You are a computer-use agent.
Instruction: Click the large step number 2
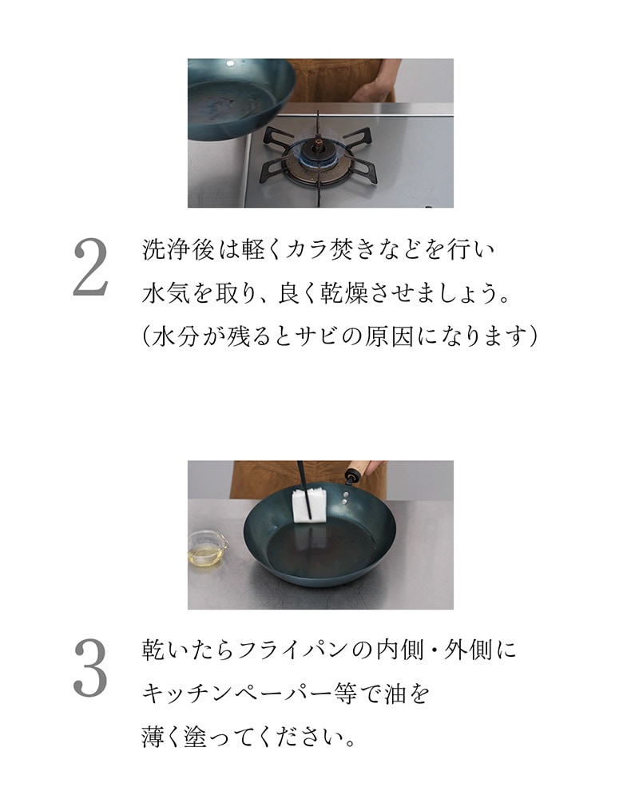pyautogui.click(x=91, y=267)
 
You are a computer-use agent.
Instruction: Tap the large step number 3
pyautogui.click(x=91, y=667)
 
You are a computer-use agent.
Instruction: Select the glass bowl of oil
pyautogui.click(x=207, y=548)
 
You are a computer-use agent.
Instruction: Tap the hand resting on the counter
pyautogui.click(x=373, y=92)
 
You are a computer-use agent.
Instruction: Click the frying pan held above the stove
pyautogui.click(x=240, y=99)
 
